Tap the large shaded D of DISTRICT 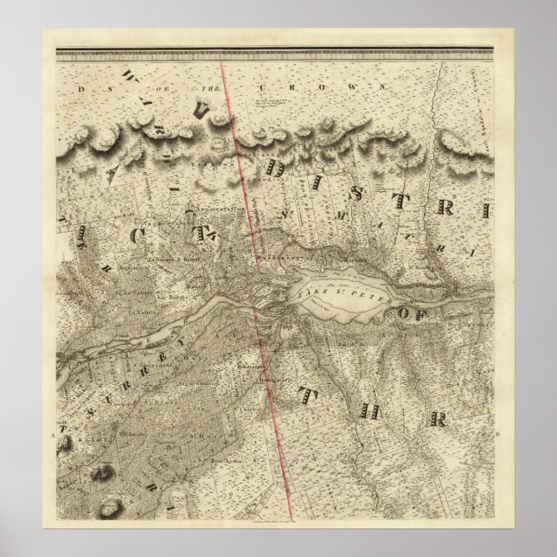276,166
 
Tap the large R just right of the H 438,419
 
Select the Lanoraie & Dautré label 163,259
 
